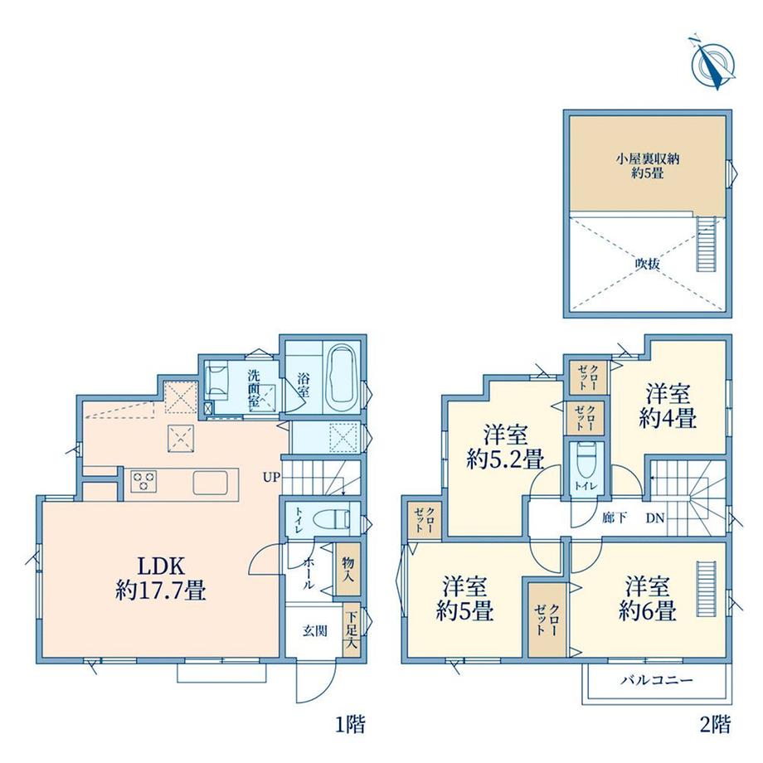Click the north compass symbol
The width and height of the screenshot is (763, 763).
714,63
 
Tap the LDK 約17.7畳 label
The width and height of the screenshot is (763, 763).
161,578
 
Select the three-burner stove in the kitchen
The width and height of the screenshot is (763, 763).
143,481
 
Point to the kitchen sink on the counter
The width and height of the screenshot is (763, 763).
211,482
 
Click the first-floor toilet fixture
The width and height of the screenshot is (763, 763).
332,519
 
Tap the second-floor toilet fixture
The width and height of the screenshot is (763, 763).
585,459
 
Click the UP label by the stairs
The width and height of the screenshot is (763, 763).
271,478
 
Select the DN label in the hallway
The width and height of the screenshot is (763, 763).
655,518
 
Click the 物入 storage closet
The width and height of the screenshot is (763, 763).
348,569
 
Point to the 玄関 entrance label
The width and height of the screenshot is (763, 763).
315,631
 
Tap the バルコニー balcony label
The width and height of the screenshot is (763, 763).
657,680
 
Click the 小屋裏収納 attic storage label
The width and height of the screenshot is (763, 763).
648,159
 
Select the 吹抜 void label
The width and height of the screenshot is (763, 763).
648,265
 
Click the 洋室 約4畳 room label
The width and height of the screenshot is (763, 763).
668,406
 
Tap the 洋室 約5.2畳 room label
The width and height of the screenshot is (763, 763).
504,446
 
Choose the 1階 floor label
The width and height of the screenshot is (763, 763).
350,725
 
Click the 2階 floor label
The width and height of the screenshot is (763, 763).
715,725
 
